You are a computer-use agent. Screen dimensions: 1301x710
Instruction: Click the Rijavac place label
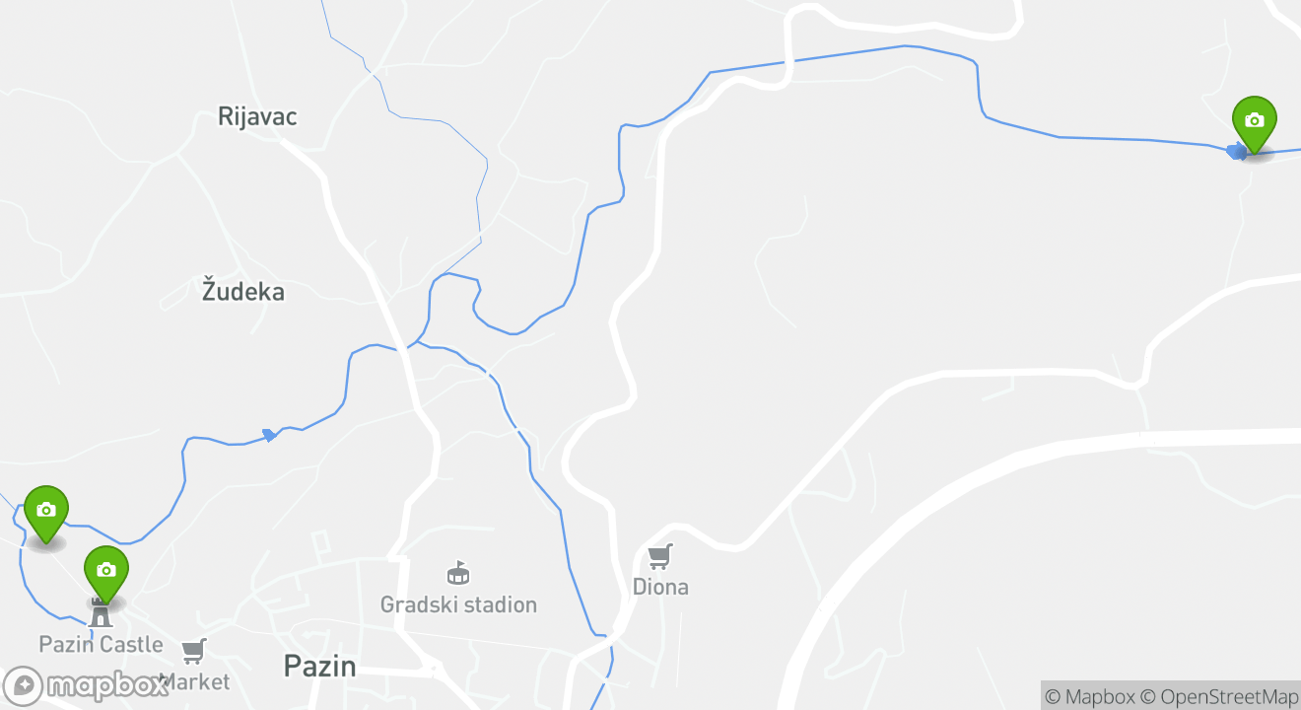[257, 116]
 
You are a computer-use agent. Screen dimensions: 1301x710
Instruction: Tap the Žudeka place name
[243, 292]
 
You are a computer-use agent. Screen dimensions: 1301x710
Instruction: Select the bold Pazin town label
[319, 666]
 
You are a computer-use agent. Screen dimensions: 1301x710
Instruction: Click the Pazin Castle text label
[101, 644]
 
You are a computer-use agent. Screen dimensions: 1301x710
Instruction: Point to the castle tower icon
[101, 614]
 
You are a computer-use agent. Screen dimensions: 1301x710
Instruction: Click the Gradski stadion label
[458, 604]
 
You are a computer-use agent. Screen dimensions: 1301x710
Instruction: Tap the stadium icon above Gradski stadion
[458, 573]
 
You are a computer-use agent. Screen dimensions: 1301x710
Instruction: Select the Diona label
[660, 587]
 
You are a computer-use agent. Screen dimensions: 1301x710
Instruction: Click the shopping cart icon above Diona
[660, 557]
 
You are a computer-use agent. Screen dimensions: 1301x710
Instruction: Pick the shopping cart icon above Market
[194, 651]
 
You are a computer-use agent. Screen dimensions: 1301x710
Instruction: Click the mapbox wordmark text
[106, 685]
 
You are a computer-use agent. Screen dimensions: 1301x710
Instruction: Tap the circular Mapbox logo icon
[23, 686]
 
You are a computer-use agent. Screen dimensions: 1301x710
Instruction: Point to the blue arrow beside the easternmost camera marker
[1235, 151]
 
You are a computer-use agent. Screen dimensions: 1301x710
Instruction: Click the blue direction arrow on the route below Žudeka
[269, 435]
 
